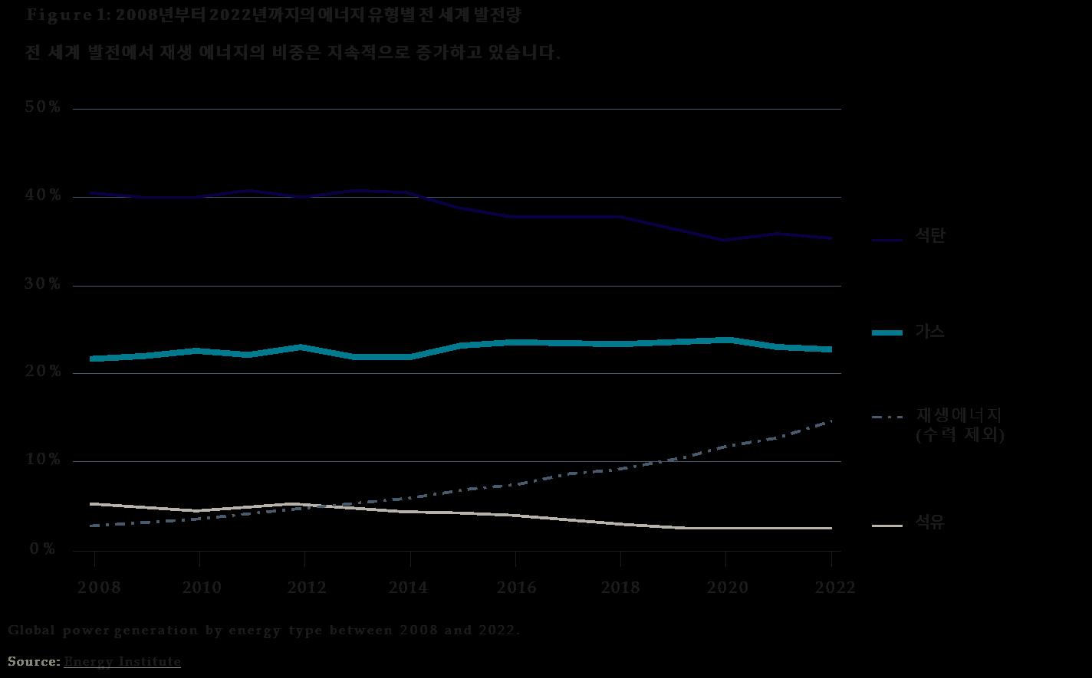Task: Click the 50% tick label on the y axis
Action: (x=43, y=107)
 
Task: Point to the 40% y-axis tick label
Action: (x=43, y=195)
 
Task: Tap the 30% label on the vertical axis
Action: (x=43, y=284)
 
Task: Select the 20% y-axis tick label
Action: (x=43, y=372)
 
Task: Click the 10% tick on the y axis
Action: (x=43, y=460)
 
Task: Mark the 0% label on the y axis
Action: (x=43, y=549)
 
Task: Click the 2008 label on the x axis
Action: (x=99, y=588)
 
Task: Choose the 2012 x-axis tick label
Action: (x=307, y=588)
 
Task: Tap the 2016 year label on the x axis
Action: (x=517, y=588)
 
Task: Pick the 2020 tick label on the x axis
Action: (x=727, y=588)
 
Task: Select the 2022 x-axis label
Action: (x=834, y=588)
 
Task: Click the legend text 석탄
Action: (x=930, y=236)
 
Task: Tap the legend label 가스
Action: (x=930, y=332)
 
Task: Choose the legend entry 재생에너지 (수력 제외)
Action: (x=959, y=424)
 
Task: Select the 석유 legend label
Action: (x=930, y=523)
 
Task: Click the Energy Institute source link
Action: (x=122, y=661)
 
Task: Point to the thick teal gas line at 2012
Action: (x=304, y=347)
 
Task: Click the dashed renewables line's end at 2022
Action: (x=831, y=421)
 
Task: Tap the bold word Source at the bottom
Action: (x=34, y=661)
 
